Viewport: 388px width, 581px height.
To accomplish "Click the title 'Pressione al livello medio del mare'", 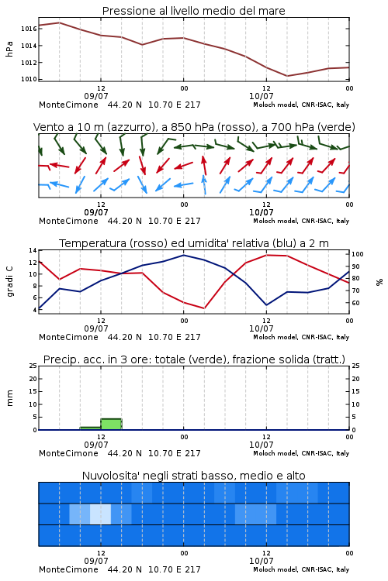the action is tap(193, 11).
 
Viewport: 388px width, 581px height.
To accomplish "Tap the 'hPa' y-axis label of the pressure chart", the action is tap(9, 49).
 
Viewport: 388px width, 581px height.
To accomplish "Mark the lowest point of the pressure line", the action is tap(286, 76).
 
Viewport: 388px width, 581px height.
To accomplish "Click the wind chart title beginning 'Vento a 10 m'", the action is tap(194, 127).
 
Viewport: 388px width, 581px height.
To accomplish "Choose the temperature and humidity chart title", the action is tap(194, 243).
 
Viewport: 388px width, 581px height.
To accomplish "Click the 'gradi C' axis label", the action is tap(9, 281).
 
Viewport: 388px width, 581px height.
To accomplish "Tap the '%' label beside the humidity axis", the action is tap(379, 282).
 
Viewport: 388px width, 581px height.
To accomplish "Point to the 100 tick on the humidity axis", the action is tap(357, 254).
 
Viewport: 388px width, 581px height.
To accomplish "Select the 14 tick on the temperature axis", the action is tap(33, 250).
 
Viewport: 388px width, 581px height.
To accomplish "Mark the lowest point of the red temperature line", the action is tap(204, 308).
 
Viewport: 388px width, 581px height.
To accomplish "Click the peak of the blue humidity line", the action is tap(183, 255).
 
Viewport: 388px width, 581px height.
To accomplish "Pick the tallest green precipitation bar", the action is tap(112, 425).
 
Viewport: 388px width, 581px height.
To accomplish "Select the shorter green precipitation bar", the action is tap(91, 428).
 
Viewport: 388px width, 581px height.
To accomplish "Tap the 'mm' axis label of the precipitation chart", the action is tap(9, 397).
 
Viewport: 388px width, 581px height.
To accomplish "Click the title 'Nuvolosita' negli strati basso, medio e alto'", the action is tap(193, 476).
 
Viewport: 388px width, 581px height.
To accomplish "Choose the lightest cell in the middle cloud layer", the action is tap(101, 514).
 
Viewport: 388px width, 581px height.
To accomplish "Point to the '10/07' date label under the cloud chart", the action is tap(261, 561).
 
